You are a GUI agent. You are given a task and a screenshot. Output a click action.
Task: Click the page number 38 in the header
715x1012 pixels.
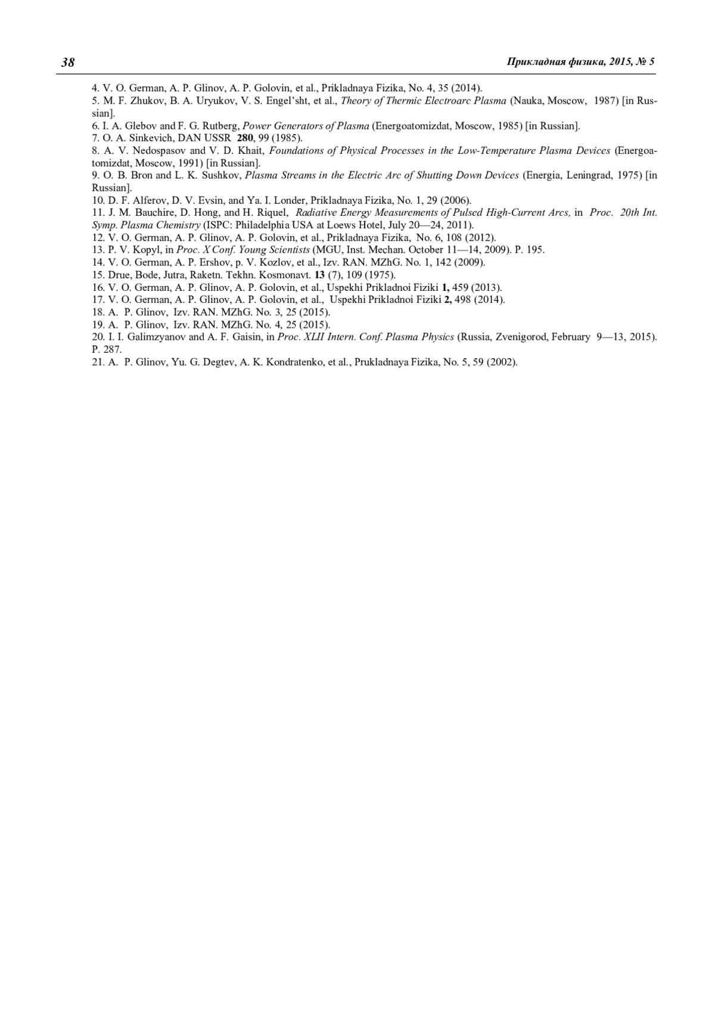point(68,63)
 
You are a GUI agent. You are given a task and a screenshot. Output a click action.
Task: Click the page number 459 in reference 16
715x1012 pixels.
point(461,287)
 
